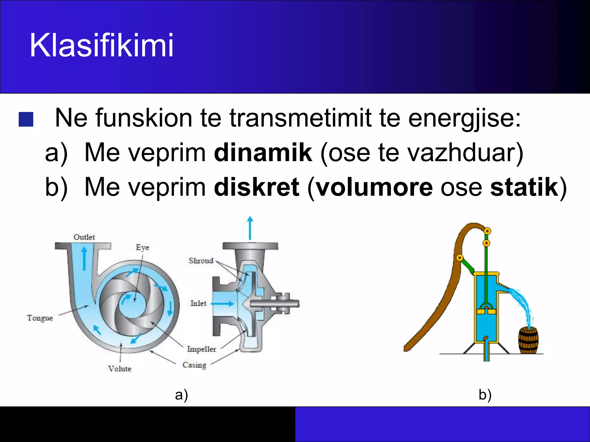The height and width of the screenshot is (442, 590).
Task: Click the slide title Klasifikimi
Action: [101, 45]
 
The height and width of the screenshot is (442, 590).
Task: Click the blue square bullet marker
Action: [26, 119]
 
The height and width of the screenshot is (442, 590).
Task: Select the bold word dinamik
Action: [263, 153]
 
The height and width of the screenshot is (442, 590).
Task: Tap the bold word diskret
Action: [256, 187]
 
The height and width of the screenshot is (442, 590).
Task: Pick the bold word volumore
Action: [374, 187]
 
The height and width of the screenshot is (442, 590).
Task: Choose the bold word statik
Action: [524, 187]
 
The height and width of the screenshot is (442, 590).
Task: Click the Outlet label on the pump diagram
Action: [84, 237]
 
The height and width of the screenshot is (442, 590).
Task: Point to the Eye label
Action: [142, 247]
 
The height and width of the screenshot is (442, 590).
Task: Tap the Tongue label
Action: [40, 318]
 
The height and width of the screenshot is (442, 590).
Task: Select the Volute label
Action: [120, 369]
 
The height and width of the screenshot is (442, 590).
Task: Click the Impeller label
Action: [201, 349]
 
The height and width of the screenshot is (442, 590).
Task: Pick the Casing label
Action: [194, 365]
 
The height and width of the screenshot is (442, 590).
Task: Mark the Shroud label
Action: [201, 261]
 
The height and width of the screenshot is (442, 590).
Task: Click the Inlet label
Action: [198, 303]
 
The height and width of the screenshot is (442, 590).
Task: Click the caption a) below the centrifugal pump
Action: [181, 395]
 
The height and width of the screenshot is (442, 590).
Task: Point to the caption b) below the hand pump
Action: [485, 395]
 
